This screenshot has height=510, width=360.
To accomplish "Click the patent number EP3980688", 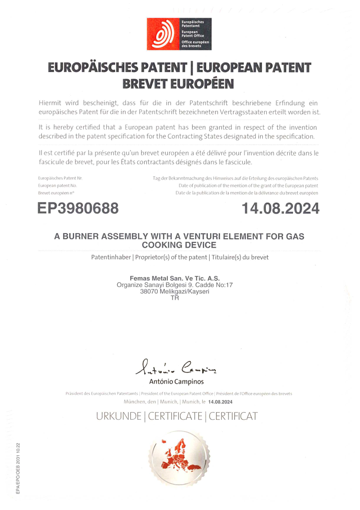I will pyautogui.click(x=78, y=209).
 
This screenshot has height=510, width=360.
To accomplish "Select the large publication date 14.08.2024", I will pyautogui.click(x=280, y=209).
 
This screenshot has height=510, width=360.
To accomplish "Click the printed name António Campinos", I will pyautogui.click(x=176, y=382).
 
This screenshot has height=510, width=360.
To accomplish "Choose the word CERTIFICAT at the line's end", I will pyautogui.click(x=233, y=416).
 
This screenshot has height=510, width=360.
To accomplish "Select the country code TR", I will pyautogui.click(x=175, y=298).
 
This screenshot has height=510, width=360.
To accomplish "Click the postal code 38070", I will pyautogui.click(x=149, y=292).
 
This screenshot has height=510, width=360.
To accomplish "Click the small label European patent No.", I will pyautogui.click(x=57, y=186).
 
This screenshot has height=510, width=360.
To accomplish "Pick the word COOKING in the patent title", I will pyautogui.click(x=165, y=245).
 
